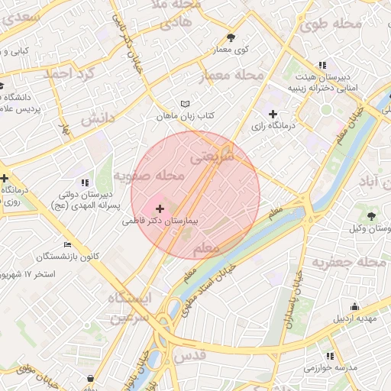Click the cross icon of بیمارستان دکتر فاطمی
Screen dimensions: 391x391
tap(160, 208)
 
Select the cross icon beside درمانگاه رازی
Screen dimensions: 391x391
tap(273, 114)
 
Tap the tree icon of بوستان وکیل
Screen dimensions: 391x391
tap(371, 216)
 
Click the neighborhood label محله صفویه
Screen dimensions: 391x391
tap(150, 177)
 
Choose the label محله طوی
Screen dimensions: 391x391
tap(330, 24)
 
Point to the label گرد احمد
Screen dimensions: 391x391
tap(68, 75)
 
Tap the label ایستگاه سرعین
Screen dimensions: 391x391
tap(129, 307)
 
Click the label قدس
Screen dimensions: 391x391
tap(190, 357)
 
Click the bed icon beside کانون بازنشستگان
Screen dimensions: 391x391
tap(68, 245)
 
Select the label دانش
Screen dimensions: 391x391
tap(97, 118)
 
